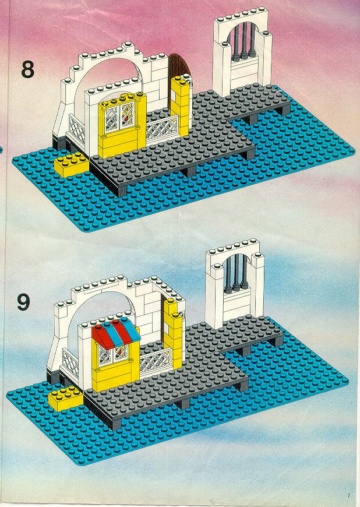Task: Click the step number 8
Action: coord(27,69)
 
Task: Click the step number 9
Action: coord(23,302)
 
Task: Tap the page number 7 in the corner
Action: coord(349,495)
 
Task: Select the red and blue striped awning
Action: coord(116,335)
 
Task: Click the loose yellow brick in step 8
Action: coord(72,166)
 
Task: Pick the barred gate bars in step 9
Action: coord(235,272)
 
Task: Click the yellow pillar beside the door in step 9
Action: coord(174,335)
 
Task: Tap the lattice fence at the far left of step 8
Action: coord(76,129)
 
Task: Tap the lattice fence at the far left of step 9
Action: coord(70,363)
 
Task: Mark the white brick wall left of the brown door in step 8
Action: coord(157,84)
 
